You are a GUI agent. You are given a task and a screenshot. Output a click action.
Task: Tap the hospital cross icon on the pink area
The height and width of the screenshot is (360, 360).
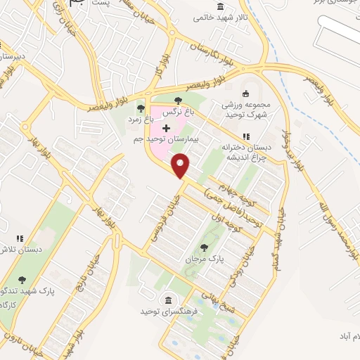[x=166, y=128]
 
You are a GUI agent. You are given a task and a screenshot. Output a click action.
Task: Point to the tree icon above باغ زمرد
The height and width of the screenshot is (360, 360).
[x=141, y=108]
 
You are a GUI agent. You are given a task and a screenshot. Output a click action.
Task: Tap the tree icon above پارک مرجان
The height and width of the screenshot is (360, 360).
[x=204, y=247]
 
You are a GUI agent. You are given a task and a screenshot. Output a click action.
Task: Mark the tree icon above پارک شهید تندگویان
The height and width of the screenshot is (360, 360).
[x=22, y=279]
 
